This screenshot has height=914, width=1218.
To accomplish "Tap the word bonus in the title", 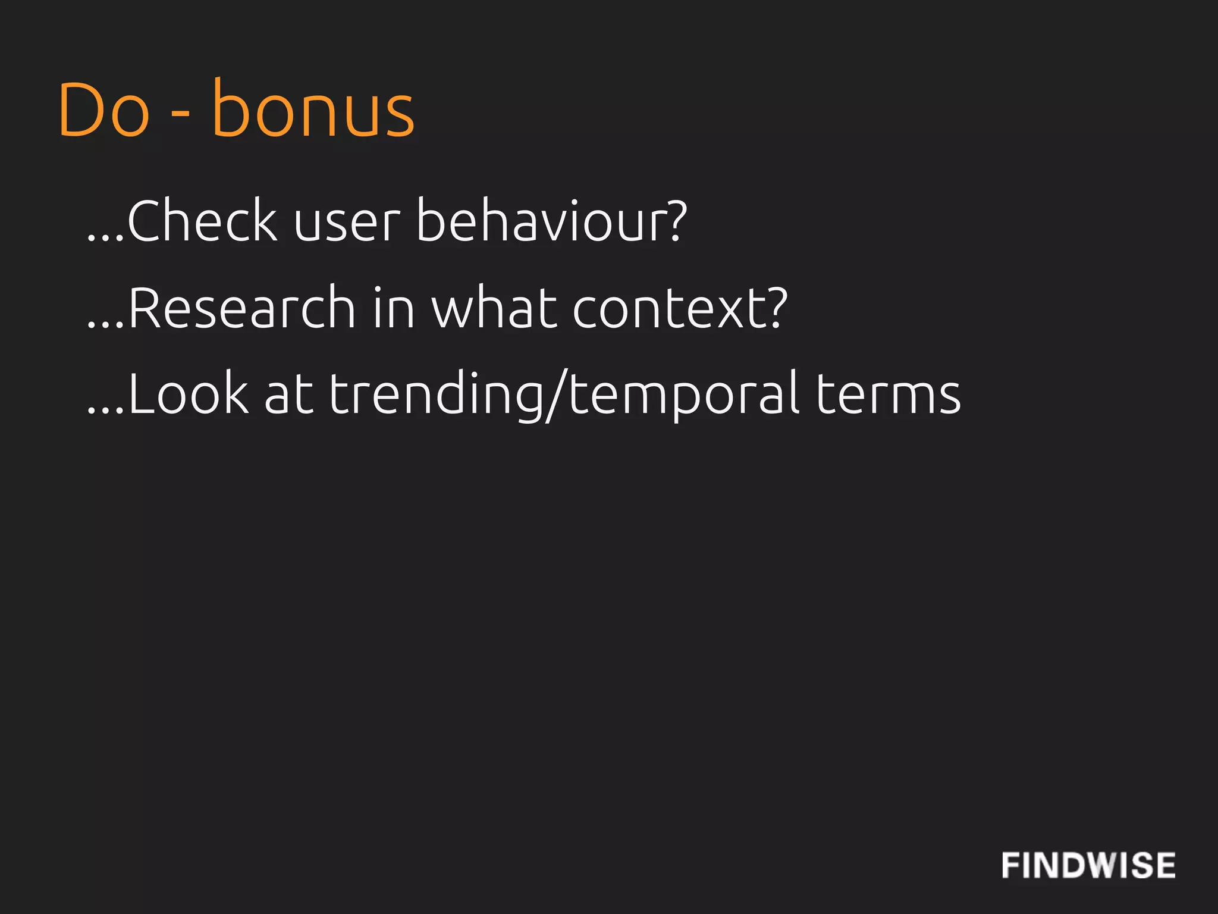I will (313, 109).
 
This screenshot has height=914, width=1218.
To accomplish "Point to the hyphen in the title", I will (181, 112).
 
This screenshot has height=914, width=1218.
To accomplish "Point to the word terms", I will (888, 394).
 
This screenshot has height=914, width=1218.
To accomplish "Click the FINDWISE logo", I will (1088, 865).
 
